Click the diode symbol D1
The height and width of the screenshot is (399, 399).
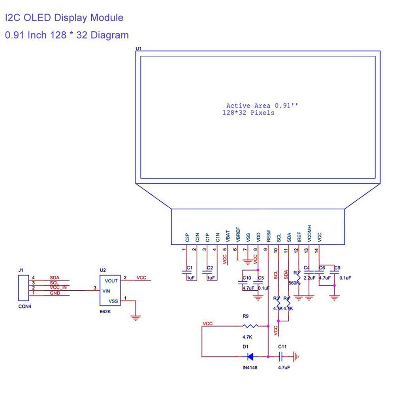(x=250, y=357)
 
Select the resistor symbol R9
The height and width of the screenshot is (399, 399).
(x=250, y=326)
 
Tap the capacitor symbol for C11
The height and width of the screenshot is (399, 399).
(x=281, y=357)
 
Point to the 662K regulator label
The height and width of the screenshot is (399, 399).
(x=105, y=312)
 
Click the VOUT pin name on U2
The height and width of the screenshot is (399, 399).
(x=111, y=281)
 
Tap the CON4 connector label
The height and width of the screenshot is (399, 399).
(x=24, y=306)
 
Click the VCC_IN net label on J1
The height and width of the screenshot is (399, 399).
(x=58, y=288)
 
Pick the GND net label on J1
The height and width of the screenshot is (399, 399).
(x=55, y=293)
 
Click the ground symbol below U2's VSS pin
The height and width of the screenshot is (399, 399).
(x=136, y=316)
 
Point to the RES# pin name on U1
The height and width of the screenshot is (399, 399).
(x=269, y=236)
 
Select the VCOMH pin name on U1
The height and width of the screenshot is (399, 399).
(x=309, y=233)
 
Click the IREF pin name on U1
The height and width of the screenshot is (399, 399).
(x=299, y=236)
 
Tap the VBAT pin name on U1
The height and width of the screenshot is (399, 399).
(x=228, y=236)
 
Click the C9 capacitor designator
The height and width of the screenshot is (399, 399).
(x=337, y=268)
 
